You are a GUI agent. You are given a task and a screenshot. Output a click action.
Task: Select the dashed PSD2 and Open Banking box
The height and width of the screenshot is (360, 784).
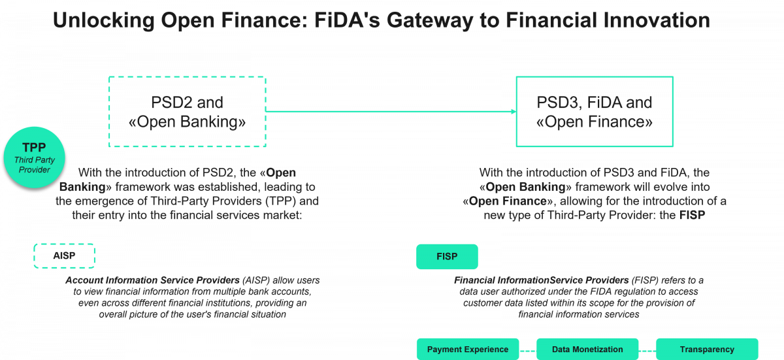pos(187,112)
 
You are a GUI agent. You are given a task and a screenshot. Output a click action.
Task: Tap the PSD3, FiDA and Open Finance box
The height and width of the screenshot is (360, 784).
pos(595,112)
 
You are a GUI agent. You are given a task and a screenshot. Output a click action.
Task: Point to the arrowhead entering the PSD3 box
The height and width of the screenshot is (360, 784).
pos(513,112)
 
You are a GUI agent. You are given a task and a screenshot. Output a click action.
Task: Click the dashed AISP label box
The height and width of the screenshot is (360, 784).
pos(64,256)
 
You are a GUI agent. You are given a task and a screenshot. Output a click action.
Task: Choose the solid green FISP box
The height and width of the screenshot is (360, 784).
pos(447,257)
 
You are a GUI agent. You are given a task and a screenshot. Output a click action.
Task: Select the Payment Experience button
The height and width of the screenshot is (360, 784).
pos(467,350)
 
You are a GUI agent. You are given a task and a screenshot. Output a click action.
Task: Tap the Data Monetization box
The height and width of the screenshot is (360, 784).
pos(587,350)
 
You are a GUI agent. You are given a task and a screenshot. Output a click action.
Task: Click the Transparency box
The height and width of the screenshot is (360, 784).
pos(707,350)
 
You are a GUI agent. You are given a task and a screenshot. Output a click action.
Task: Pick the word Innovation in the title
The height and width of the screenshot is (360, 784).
pos(653,21)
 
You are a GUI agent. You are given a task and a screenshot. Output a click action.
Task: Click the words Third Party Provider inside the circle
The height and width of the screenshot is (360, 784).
pos(35,165)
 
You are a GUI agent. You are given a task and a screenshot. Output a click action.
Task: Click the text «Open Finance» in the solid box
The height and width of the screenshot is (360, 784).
pos(595,122)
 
